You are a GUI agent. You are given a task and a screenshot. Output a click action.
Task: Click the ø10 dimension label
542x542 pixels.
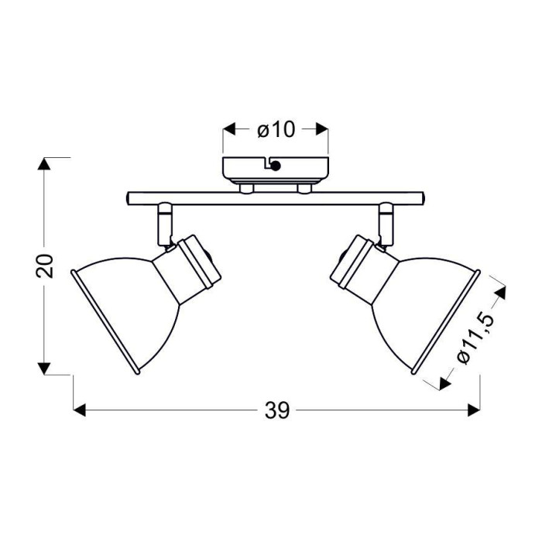click(276, 130)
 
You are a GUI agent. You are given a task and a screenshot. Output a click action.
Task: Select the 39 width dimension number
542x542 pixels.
click(277, 410)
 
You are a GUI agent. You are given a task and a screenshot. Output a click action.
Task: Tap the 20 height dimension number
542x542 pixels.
click(45, 266)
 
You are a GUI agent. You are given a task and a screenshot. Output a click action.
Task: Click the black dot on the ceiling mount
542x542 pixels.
click(276, 166)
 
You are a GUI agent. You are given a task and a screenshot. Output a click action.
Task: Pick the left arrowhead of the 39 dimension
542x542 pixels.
click(80, 410)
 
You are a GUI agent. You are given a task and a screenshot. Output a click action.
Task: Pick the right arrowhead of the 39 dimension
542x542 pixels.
click(474, 410)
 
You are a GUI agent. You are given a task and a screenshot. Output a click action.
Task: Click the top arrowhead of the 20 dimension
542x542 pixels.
click(44, 163)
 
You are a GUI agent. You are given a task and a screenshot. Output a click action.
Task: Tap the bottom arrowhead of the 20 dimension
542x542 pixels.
click(44, 369)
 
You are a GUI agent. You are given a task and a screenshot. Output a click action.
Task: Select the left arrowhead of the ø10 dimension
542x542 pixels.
click(229, 129)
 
